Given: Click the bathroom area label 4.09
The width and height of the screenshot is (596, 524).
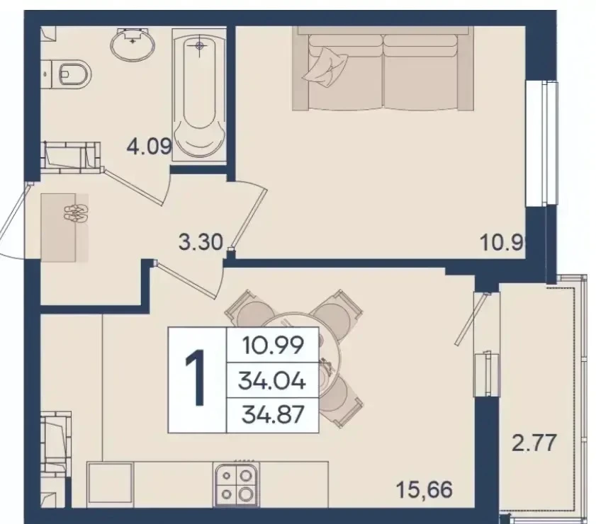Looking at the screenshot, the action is coord(150,146).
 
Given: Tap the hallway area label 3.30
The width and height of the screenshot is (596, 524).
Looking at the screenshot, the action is coord(201,242).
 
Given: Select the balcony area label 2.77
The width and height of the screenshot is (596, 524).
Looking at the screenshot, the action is coord(534,443).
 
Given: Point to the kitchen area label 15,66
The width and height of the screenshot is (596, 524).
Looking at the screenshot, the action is coord(424,489).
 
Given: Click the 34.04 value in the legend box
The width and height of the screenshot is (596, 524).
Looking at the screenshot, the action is coord(272,380).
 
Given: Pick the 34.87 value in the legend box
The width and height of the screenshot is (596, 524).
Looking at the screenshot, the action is coord(273,414).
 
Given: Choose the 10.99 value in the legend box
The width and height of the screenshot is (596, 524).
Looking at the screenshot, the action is coord(273,346).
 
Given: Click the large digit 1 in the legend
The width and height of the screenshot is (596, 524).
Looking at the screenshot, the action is coord(196,378).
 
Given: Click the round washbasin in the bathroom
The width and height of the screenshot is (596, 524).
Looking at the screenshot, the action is coord(133,44).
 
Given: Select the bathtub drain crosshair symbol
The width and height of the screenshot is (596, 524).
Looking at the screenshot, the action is coord(200,46).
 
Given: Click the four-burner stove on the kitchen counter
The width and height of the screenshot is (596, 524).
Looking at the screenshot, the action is coord(236,484).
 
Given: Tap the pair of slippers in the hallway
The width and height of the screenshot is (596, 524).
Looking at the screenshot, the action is coord(76,213).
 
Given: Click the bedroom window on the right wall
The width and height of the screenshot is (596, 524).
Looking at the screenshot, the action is coord(542,144).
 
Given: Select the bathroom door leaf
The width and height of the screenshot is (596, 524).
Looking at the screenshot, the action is coord(133,187).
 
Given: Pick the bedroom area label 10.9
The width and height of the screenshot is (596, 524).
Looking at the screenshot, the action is coord(502,242).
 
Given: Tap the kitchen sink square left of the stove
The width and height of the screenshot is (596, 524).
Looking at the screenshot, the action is coord(111,484).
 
